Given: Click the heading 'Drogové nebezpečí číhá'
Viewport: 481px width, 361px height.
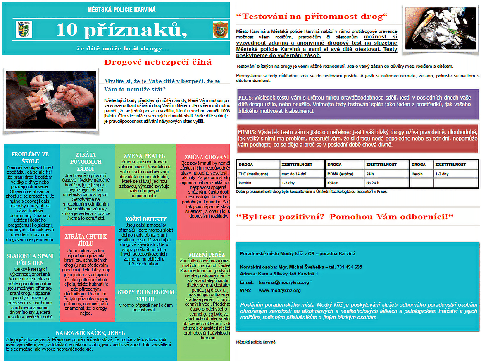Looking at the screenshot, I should point(158,62).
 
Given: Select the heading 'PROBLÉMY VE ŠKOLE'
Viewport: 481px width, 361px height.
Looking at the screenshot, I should point(30,158).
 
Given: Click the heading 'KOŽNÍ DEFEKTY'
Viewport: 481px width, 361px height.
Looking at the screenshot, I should point(146,219).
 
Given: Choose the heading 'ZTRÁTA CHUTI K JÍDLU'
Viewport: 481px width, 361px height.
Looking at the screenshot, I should point(86,240).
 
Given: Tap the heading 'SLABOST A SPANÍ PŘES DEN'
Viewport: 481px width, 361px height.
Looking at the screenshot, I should point(30,259).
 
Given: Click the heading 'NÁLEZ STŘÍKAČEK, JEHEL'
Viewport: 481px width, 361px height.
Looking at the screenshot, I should point(90,333).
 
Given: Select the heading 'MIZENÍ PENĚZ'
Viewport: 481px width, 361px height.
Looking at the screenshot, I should point(207,254).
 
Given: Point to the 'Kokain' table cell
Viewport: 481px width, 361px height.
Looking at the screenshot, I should point(334,183).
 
